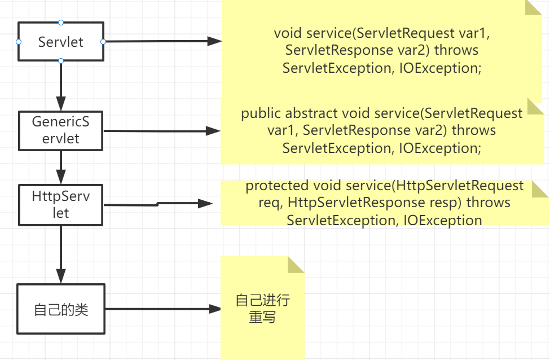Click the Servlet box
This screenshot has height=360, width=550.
point(61,42)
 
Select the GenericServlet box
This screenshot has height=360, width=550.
point(61,130)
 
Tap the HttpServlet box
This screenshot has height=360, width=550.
point(61,204)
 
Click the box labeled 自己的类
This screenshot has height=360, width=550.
point(61,309)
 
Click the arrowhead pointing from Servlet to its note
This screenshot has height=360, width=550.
point(214,41)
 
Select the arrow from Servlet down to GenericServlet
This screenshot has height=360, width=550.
point(61,85)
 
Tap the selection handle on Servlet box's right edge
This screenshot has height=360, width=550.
point(103,42)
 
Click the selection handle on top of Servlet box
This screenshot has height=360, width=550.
point(61,23)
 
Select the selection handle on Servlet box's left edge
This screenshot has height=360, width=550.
point(19,42)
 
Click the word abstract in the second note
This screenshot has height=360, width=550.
point(311,113)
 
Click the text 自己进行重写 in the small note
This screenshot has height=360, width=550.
point(262,308)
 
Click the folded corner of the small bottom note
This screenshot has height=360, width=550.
point(296,264)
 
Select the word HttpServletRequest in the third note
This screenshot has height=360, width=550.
point(459,186)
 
